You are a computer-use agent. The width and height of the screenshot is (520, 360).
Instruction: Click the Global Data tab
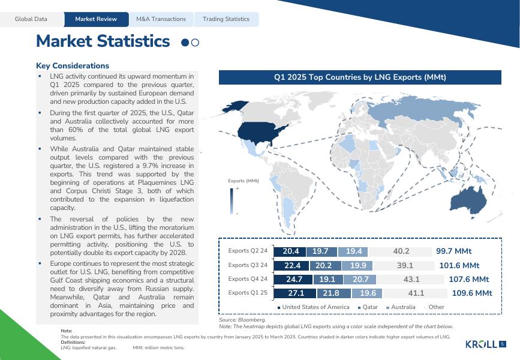[31, 19]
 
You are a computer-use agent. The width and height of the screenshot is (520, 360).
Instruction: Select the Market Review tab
[96, 19]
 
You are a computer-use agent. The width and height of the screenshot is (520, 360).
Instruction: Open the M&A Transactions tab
[161, 19]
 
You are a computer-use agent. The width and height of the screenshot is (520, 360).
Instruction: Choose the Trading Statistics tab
[226, 19]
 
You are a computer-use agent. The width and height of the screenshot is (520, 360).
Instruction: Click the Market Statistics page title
[103, 41]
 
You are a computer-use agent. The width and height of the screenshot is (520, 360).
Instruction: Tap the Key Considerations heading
[73, 66]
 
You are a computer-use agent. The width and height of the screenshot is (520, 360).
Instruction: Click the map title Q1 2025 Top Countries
[360, 77]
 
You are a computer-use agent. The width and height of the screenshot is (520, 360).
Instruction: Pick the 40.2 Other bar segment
[401, 251]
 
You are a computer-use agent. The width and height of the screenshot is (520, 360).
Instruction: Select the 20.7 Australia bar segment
[361, 279]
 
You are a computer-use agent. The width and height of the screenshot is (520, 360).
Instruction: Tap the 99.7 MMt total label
[454, 251]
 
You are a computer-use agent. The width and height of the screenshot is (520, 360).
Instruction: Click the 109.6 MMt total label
[472, 293]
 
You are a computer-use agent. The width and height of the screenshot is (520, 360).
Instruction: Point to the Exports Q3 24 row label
[248, 265]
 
